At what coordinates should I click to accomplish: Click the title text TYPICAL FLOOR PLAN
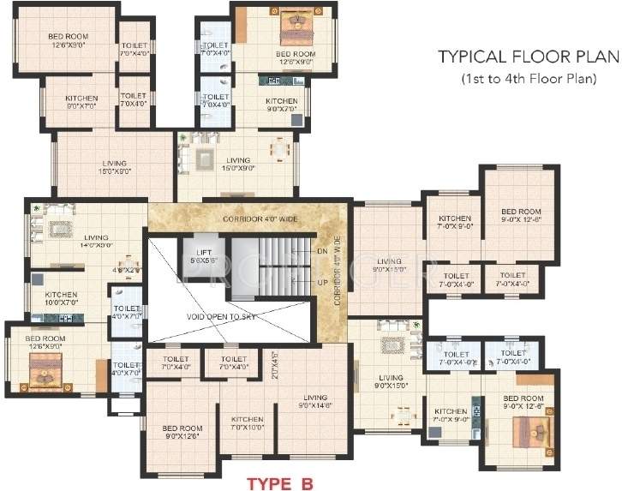(528, 57)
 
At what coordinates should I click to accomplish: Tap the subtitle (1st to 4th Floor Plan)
(528, 79)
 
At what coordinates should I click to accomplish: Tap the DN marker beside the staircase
(322, 252)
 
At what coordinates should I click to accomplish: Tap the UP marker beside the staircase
(322, 280)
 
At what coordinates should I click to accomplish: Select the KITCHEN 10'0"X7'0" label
(61, 298)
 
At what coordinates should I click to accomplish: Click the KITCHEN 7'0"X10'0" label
(248, 422)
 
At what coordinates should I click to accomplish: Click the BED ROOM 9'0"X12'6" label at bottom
(182, 432)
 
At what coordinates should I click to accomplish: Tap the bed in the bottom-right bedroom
(523, 443)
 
